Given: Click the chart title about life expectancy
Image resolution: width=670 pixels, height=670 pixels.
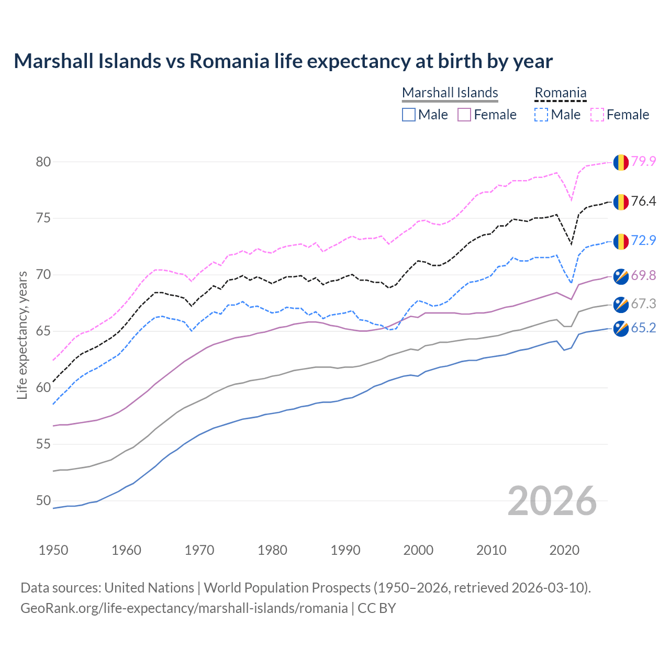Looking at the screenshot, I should click(283, 61).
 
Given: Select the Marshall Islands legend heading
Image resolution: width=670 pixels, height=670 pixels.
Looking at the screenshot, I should click(450, 93).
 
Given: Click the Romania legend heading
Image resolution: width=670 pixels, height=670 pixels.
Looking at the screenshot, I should click(560, 93).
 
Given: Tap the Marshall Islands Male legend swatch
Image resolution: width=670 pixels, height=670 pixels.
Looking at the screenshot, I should click(409, 115).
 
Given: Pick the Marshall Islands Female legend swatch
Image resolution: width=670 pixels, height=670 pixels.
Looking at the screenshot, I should click(464, 115).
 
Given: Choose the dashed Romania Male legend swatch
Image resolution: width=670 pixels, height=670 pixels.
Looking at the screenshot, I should click(541, 115).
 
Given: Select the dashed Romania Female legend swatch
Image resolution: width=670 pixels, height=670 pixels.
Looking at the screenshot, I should click(597, 115).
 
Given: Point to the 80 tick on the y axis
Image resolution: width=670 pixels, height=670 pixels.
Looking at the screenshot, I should click(43, 162).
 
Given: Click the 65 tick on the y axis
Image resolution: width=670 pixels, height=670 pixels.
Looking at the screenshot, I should click(43, 331).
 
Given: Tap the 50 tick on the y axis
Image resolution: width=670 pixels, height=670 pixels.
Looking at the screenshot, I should click(43, 501).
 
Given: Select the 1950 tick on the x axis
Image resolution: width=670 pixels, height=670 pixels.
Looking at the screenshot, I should click(53, 550).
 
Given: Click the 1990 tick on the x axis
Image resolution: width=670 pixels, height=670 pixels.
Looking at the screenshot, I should click(345, 550).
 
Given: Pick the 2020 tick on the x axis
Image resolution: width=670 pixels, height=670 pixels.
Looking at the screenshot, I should click(564, 550).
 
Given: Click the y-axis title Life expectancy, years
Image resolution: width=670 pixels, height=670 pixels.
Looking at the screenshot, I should click(23, 335).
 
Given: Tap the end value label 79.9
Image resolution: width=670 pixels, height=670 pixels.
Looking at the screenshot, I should click(643, 162).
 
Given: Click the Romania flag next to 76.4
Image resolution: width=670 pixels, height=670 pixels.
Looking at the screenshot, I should click(621, 202).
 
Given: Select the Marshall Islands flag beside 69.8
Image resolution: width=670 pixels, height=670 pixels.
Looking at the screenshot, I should click(621, 276).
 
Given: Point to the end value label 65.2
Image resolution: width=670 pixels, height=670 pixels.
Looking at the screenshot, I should click(643, 328).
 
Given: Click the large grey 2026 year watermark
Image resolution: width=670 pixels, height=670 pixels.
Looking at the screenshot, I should click(552, 501).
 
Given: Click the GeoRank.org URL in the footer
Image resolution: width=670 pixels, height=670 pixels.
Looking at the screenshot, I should click(184, 608).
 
